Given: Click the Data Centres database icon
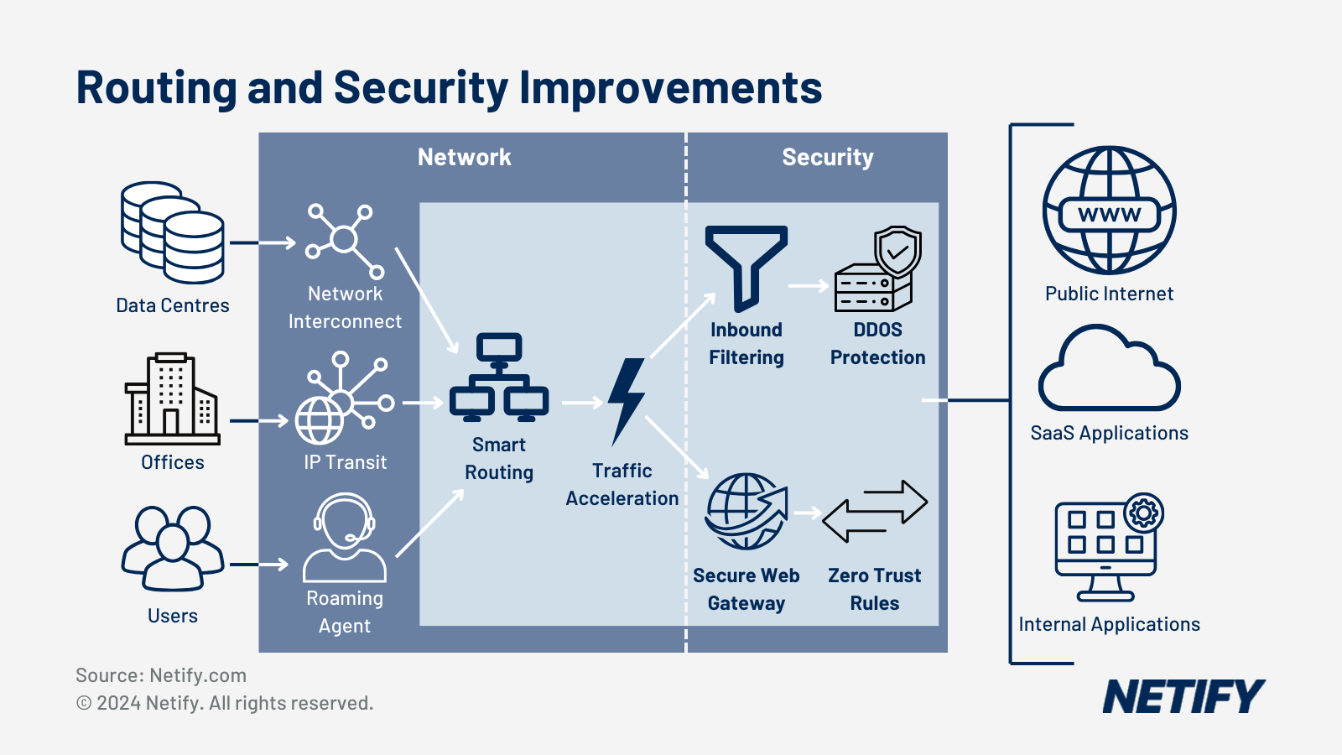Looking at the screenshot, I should click(x=173, y=233).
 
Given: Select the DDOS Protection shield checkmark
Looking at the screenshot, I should click(x=897, y=250).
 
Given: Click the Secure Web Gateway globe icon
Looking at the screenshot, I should click(x=746, y=511).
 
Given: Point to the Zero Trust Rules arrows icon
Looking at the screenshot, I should click(x=875, y=511).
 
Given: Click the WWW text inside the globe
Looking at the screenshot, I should click(x=1109, y=215).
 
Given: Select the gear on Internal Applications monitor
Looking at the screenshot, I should click(x=1144, y=512).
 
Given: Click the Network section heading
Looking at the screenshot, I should click(x=464, y=158).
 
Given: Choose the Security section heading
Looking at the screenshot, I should click(x=827, y=158).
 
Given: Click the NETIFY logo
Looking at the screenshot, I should click(x=1183, y=697).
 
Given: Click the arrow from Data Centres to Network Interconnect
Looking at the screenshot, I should click(x=263, y=243).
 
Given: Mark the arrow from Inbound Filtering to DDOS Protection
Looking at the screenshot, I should click(x=809, y=286).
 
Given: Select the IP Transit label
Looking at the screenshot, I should click(x=345, y=462).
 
